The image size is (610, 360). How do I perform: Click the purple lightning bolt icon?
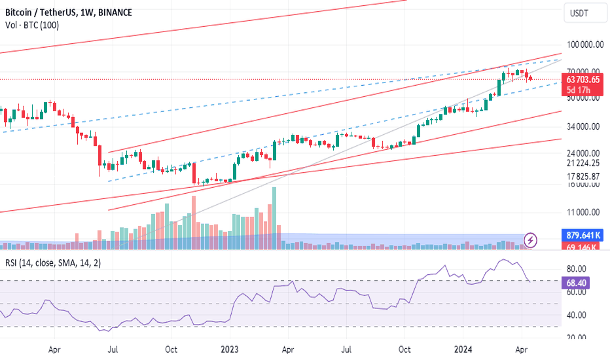coord(531,240)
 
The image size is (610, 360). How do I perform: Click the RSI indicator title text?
coord(48,263)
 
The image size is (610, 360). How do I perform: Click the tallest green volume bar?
coord(274,209)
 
